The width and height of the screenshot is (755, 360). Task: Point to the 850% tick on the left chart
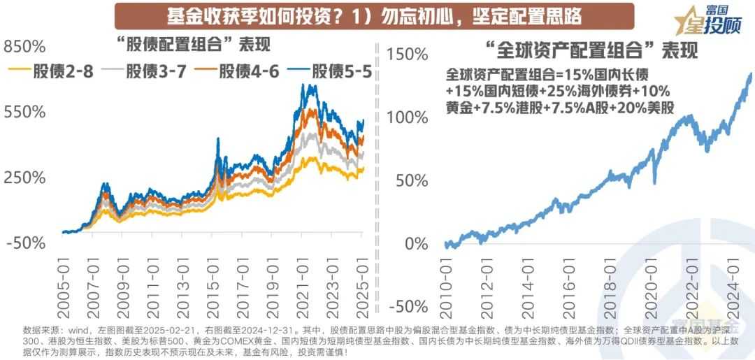click(x=25, y=47)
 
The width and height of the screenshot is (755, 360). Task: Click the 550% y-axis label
click(x=25, y=112)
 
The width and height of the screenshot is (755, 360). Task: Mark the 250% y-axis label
click(x=25, y=178)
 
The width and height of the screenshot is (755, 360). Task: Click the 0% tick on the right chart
click(x=417, y=244)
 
